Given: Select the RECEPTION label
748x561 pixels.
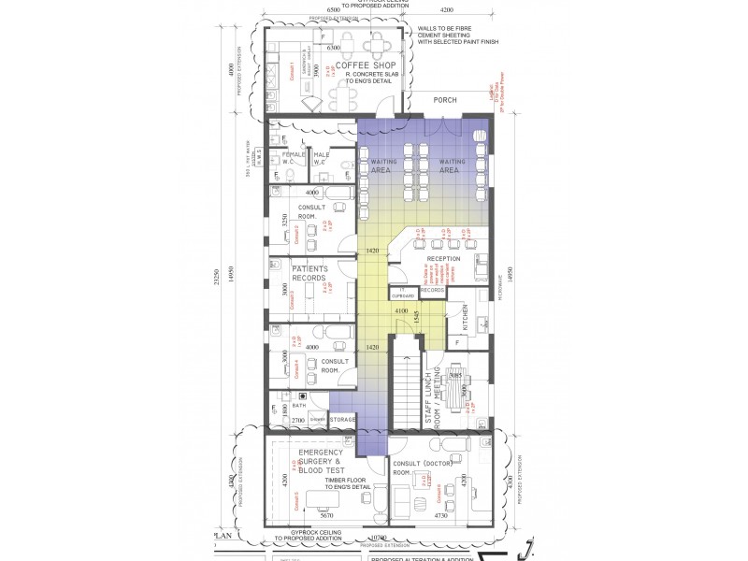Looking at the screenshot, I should point(444,259).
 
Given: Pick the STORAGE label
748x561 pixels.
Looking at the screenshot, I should point(342,421).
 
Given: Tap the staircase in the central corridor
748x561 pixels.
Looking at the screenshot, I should point(405,385).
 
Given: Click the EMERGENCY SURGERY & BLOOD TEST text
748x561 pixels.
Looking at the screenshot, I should point(322,462).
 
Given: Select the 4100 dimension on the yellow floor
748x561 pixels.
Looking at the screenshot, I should point(400,310).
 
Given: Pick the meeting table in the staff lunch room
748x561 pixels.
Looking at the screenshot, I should point(457,385).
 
